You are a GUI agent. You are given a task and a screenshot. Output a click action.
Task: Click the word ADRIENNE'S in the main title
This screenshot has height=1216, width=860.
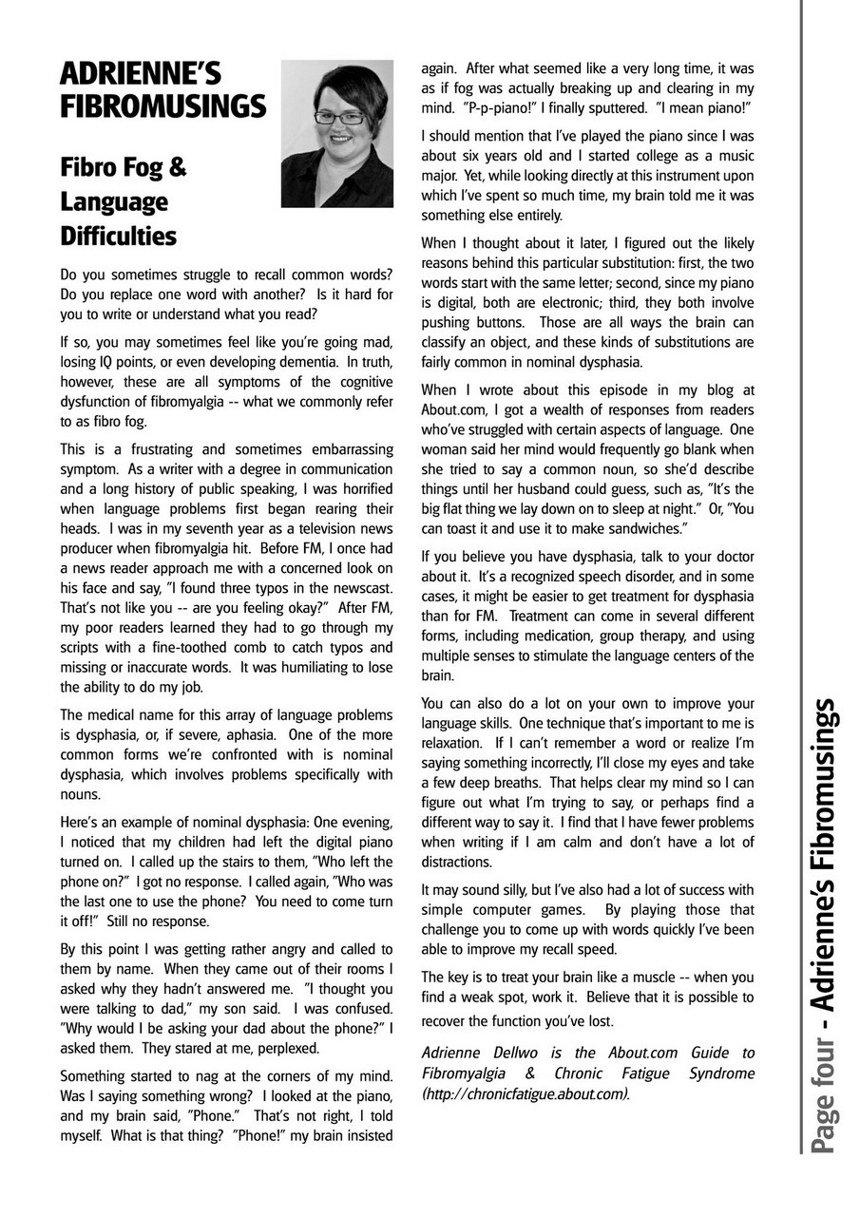140,73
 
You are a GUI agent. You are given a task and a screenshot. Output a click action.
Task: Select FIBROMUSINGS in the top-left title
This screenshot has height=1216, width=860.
162,106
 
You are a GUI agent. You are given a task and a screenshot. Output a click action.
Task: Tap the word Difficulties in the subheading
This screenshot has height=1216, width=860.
118,235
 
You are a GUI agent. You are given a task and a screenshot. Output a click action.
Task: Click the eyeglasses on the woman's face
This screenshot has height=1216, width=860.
339,118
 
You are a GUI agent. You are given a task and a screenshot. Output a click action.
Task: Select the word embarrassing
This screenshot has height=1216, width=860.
339,449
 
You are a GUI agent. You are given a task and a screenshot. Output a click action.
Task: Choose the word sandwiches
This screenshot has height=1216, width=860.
633,527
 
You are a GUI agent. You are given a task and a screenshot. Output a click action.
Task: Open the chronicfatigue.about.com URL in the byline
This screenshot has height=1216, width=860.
526,1092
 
